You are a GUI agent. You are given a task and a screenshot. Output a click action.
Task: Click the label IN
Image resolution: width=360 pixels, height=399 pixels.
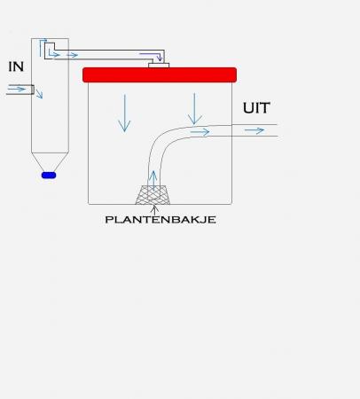pos(16,66)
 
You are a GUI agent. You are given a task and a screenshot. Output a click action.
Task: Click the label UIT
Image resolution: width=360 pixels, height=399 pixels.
pos(256,108)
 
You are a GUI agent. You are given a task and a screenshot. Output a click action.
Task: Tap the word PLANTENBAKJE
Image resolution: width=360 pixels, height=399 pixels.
pos(160,220)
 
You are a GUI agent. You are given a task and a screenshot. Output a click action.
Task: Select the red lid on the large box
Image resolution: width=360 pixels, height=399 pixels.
pos(160,74)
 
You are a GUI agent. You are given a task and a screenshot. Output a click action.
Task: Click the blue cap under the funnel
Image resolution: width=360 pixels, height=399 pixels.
pos(49,176)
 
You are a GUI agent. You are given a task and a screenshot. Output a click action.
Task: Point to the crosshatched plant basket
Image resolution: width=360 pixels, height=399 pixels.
pos(153,195)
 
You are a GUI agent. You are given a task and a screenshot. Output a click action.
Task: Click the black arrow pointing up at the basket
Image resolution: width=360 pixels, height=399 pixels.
pos(154,210)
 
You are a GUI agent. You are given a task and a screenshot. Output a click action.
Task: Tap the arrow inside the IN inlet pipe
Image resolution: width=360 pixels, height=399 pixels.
pos(17,89)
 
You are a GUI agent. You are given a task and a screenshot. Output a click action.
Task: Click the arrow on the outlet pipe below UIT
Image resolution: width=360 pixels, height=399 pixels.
pos(254,130)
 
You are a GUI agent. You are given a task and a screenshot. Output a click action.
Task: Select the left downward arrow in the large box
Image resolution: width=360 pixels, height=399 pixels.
pos(124,113)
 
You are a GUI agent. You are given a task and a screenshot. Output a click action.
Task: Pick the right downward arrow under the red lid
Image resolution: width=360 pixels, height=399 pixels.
pos(194,109)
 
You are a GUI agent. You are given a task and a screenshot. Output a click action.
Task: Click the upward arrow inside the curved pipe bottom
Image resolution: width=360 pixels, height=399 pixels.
pos(153,180)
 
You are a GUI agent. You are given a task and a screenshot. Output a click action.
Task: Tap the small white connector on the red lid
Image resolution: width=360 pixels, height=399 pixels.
pos(159,66)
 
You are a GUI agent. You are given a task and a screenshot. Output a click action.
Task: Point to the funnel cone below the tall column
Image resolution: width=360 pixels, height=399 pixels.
pos(50,162)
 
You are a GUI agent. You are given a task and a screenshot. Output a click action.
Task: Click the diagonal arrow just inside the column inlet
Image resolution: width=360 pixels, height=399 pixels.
pos(39,92)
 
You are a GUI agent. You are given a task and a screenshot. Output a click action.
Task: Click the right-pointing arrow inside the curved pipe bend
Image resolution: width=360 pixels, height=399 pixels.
pos(200,132)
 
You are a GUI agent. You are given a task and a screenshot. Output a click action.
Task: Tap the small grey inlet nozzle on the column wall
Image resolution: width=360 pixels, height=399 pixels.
pos(33,90)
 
